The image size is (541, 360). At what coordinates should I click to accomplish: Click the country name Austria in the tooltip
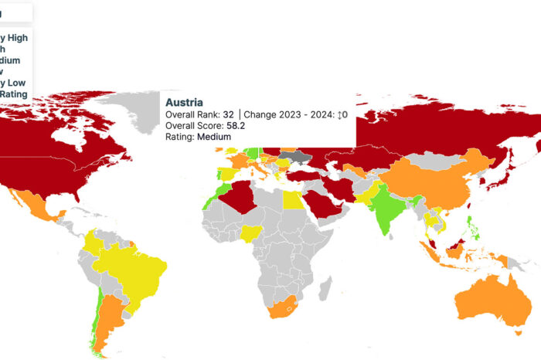[185, 102]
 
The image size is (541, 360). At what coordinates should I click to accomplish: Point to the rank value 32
[228, 114]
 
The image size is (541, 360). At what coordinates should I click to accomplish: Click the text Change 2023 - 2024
[290, 114]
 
